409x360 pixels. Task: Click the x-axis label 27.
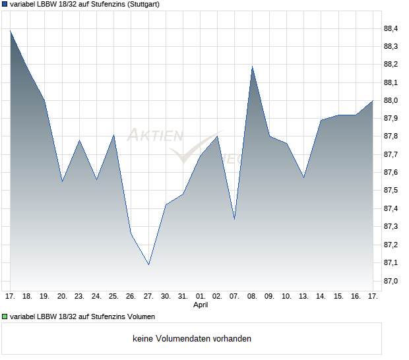tap(148, 297)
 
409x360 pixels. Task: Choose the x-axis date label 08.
tap(252, 297)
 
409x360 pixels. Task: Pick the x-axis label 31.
tap(183, 297)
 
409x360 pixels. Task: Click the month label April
tap(201, 305)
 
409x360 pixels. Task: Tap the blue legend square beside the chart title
tap(5, 5)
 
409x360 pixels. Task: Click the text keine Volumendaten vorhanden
tap(192, 339)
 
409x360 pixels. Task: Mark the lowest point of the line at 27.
tap(148, 265)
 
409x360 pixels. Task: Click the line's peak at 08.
tap(252, 67)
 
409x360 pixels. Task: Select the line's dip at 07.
tap(234, 219)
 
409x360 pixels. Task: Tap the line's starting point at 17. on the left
tap(11, 30)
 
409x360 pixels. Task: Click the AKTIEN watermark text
tap(154, 136)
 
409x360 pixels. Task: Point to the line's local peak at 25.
tap(114, 135)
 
